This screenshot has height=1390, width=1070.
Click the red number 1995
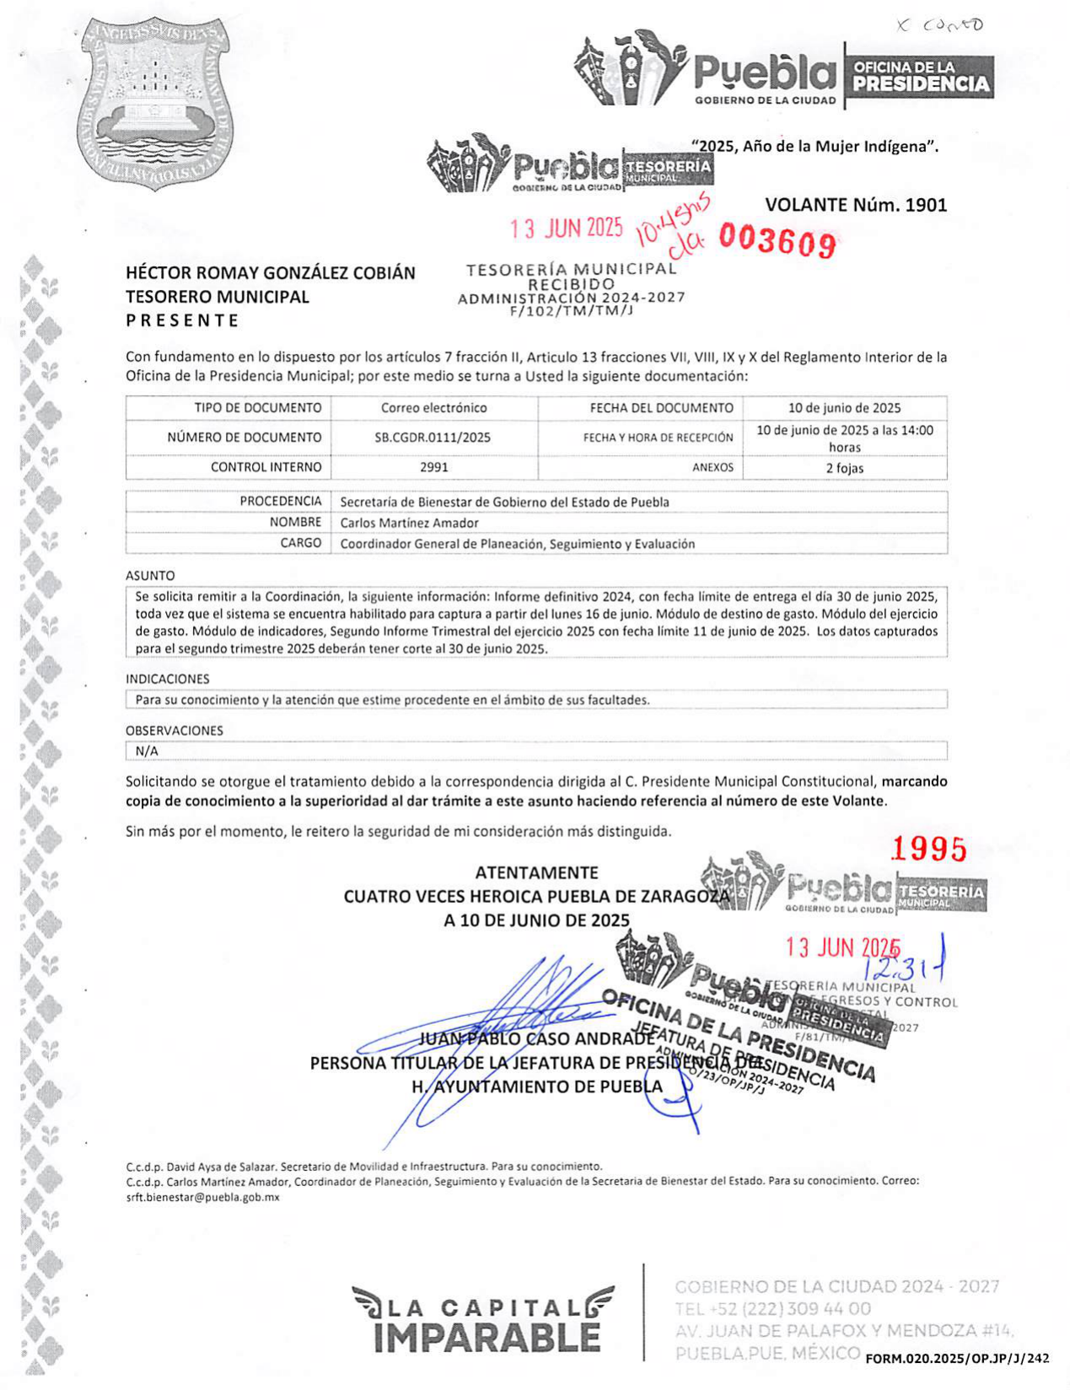928,849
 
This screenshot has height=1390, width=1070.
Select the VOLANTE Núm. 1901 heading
856,205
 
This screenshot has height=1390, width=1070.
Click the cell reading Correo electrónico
433,408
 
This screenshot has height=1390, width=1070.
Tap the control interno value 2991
433,467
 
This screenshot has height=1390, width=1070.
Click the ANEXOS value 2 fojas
844,468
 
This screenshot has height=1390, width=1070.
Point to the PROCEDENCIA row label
281,502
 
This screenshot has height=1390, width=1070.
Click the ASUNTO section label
150,576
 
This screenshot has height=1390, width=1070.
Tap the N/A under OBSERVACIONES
147,751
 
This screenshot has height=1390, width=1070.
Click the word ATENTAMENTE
536,872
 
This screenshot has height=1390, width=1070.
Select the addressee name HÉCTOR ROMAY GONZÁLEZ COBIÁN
271,273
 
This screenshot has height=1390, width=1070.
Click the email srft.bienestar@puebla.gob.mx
202,1197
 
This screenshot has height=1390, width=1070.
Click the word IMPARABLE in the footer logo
487,1338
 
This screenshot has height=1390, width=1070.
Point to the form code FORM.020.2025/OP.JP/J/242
957,1358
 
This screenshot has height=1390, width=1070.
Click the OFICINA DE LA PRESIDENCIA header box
920,77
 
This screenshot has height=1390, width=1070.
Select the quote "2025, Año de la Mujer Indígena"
815,146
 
